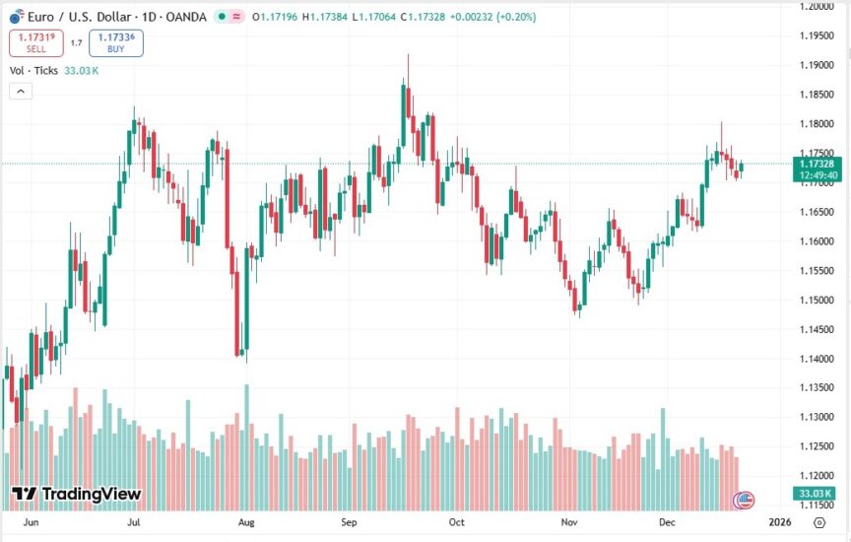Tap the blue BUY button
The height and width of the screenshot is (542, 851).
click(115, 42)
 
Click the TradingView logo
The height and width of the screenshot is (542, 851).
click(77, 494)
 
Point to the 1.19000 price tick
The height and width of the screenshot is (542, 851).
click(818, 65)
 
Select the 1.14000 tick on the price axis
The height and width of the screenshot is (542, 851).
click(818, 359)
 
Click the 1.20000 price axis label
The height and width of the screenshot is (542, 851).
click(818, 7)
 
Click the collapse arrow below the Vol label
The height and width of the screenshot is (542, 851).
click(21, 91)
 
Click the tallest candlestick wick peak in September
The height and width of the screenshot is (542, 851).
click(407, 55)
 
